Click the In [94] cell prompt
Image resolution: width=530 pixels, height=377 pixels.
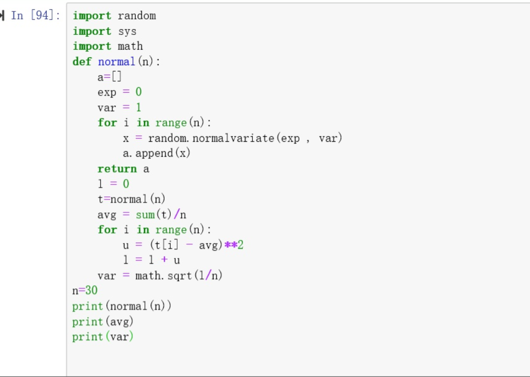(35, 16)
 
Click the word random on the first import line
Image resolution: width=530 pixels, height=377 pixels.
(136, 16)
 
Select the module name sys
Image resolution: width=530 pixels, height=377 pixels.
(127, 31)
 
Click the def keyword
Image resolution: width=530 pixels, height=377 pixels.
(82, 62)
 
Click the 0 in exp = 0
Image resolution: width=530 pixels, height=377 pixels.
(139, 92)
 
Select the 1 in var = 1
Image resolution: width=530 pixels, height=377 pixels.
(139, 107)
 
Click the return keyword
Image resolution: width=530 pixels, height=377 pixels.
(117, 169)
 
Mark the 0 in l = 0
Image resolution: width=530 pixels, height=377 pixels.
(126, 184)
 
